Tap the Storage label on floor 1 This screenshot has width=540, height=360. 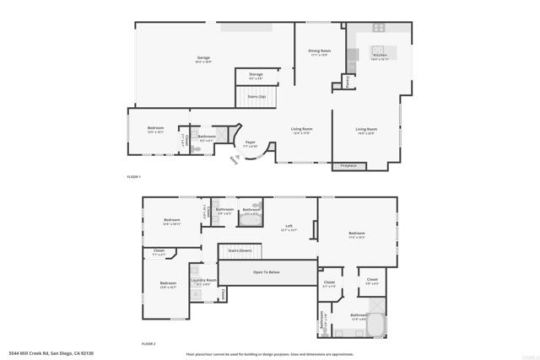coord(255,75)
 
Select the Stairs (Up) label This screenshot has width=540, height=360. coord(256,96)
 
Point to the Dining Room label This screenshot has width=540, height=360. coord(319,52)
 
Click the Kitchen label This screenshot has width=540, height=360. coord(380,56)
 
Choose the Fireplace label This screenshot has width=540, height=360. coord(348,165)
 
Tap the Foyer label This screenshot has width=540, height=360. coord(251,142)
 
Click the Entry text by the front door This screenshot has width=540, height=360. coord(234,160)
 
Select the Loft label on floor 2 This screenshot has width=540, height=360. coord(289,226)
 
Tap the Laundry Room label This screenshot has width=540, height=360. coord(203,281)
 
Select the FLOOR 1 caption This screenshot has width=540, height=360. coord(133,176)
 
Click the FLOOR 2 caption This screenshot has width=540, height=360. coord(148,343)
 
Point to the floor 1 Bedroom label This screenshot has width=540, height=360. coord(155,129)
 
